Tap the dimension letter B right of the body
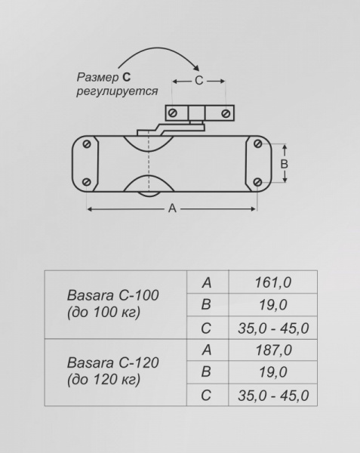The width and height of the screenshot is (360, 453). point(285,163)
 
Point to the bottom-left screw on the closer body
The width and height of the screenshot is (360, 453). point(88,181)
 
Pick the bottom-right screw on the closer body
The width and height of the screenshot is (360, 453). point(258,181)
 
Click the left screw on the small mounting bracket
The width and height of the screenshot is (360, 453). point(173,112)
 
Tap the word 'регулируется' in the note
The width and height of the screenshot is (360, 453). point(117,91)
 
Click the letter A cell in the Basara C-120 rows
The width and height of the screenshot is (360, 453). point(206,350)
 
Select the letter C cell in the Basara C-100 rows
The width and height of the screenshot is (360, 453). point(206,328)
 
